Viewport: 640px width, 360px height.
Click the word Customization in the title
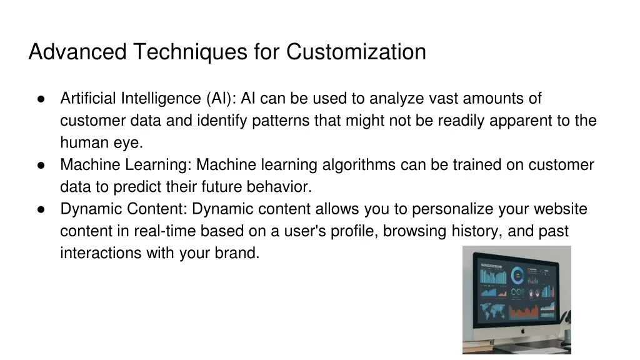click(x=356, y=52)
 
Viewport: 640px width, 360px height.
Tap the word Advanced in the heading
click(x=77, y=52)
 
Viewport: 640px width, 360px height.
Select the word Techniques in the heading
click(x=190, y=52)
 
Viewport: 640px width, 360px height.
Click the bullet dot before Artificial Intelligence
click(x=41, y=99)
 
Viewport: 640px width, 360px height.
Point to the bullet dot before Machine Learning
click(x=41, y=165)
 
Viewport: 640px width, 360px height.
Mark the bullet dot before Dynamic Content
click(x=41, y=209)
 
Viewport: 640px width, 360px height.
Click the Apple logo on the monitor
click(x=523, y=331)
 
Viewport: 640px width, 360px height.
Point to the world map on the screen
click(x=492, y=311)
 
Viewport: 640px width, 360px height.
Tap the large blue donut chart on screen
click(x=517, y=276)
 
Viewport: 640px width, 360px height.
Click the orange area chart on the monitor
click(x=524, y=312)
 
